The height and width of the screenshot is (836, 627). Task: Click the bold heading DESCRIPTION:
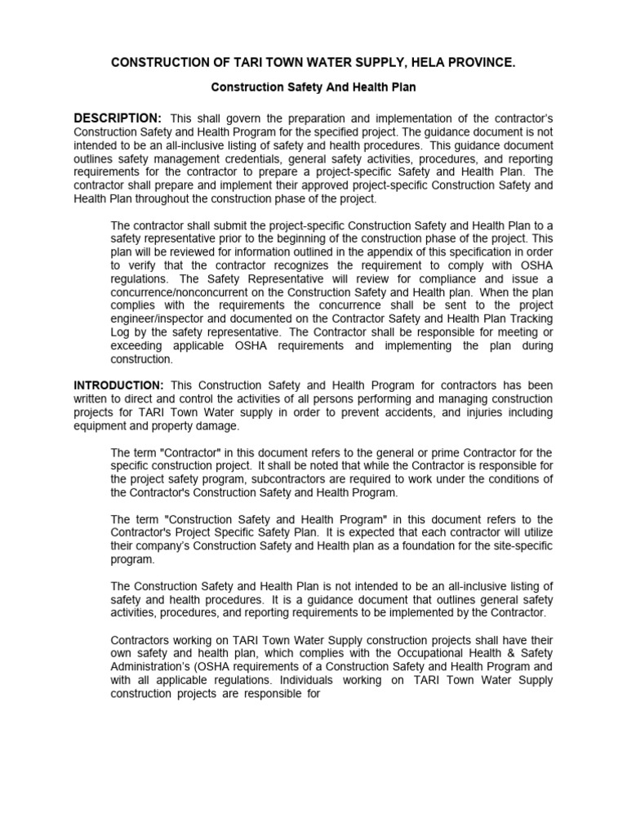[x=118, y=119]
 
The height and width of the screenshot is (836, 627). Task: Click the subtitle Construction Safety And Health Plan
[x=313, y=86]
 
